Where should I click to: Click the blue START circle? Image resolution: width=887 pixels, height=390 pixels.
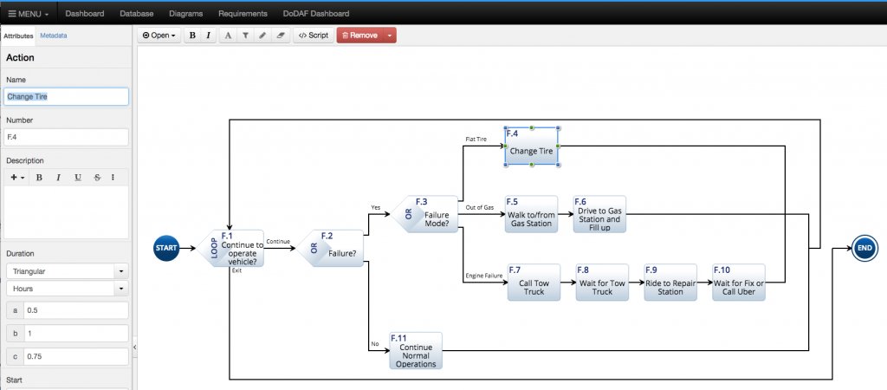point(166,248)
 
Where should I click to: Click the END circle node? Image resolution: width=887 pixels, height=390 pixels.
point(864,248)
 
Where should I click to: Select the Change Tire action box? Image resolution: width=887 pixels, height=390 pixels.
point(531,146)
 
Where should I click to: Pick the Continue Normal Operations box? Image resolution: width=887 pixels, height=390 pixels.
point(416,351)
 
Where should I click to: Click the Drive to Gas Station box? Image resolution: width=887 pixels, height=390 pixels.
point(599,214)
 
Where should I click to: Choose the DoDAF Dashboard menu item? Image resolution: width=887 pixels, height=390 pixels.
point(315,14)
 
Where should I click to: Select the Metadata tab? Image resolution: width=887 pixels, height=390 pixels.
point(53,36)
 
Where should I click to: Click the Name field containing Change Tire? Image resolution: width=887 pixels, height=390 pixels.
point(67,96)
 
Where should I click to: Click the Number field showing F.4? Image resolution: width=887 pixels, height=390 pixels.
point(67,137)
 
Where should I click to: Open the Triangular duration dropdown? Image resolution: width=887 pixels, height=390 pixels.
point(67,271)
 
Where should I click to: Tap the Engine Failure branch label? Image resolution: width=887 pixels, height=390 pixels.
point(484,276)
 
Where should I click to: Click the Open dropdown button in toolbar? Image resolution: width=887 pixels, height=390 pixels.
point(159,36)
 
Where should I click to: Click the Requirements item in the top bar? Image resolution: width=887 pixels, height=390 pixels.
point(243,14)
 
